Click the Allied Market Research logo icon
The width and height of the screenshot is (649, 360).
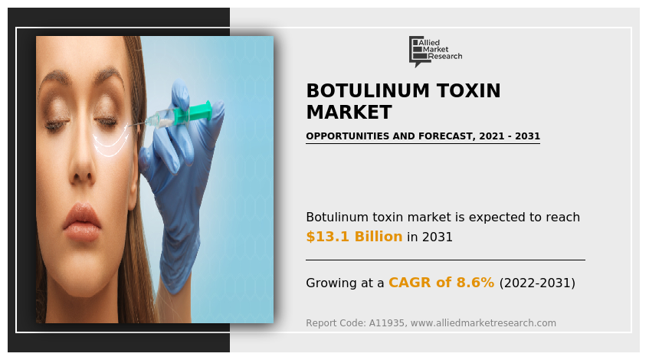point(417,49)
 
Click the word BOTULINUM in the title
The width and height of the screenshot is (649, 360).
point(361,91)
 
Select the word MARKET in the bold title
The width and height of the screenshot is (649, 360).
point(349,113)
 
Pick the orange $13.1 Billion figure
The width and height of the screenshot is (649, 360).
point(354,237)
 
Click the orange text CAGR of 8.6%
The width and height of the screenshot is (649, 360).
point(441,283)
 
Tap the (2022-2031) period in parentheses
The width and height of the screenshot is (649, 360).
point(537,283)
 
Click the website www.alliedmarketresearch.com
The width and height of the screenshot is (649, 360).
point(483,323)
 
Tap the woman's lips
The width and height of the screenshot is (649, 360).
point(81,221)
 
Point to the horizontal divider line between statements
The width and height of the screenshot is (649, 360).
point(445,260)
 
